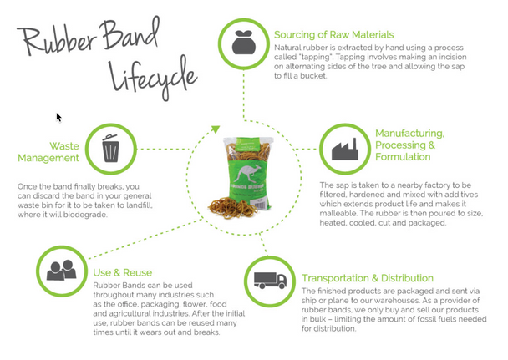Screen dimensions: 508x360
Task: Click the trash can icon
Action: tap(110, 149)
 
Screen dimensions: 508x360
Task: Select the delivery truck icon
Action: tap(270, 281)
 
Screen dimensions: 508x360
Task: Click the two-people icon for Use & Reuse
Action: tap(62, 271)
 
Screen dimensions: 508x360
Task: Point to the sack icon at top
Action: tap(243, 43)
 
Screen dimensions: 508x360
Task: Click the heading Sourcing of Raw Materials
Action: tap(333, 35)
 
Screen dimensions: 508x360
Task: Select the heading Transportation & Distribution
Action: tap(368, 278)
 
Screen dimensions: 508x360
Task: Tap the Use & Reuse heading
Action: tap(124, 272)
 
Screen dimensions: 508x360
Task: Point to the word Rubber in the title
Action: tap(51, 38)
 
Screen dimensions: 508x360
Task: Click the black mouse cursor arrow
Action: tap(58, 118)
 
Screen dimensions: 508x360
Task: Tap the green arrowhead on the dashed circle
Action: tap(215, 129)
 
